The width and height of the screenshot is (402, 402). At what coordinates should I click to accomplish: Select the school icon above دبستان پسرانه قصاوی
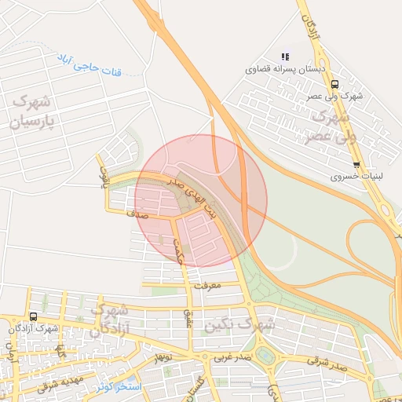coord(285,57)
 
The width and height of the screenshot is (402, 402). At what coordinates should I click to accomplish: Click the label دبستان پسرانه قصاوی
coord(285,69)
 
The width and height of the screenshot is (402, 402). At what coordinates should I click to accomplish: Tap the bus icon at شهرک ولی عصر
coord(335,84)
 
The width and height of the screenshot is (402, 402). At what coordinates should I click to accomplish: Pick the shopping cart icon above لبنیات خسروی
coord(356,165)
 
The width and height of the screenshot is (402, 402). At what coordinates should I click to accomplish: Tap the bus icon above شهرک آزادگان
coord(33,316)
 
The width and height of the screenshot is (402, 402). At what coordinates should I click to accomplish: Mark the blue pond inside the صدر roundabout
coord(266,356)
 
